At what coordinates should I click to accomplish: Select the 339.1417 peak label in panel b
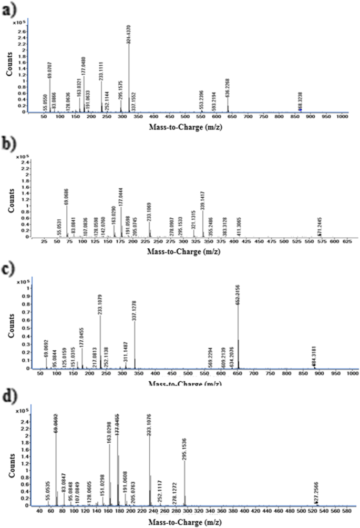pyautogui.click(x=188, y=200)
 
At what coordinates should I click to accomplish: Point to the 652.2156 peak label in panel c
pyautogui.click(x=238, y=291)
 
